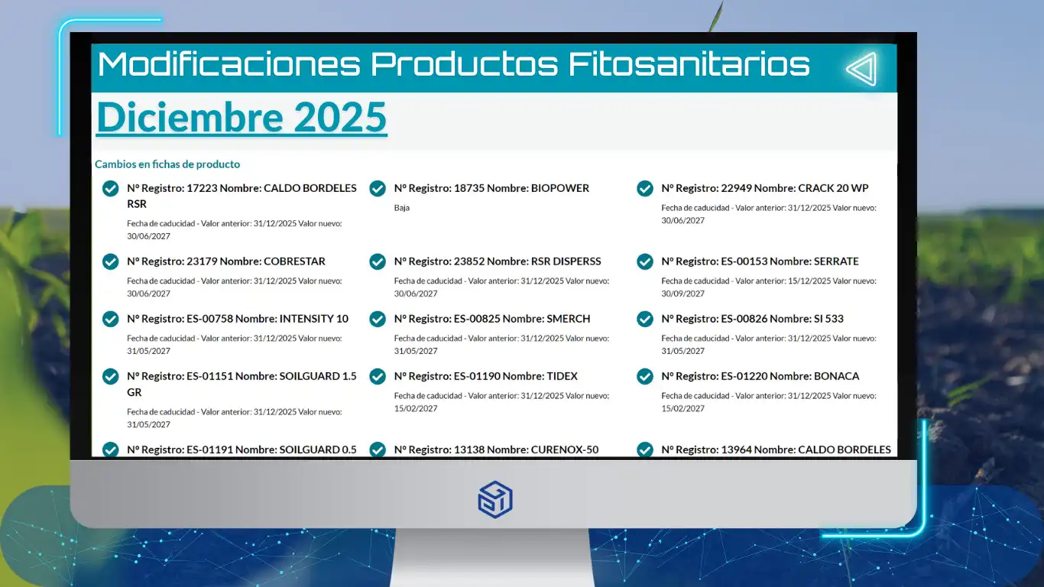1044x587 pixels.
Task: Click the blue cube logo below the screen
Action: click(x=495, y=499)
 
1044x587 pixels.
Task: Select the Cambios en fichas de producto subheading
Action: click(x=167, y=164)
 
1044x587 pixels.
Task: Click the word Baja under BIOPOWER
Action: click(x=402, y=208)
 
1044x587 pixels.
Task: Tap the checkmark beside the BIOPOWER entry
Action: click(x=378, y=188)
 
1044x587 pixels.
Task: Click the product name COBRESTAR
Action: click(x=294, y=261)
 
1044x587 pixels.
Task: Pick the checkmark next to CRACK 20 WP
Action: click(x=645, y=188)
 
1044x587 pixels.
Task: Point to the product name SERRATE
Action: click(x=836, y=261)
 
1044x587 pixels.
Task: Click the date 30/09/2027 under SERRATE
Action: click(x=682, y=293)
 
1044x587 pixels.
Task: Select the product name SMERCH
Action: click(x=568, y=319)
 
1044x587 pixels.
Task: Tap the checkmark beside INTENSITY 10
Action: click(x=111, y=319)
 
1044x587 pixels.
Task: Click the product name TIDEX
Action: click(x=562, y=376)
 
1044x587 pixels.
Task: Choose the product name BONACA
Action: click(x=836, y=376)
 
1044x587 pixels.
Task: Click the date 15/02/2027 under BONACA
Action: click(x=682, y=408)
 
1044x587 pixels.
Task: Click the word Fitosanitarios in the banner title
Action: click(x=689, y=64)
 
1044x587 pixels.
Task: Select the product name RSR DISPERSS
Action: click(x=566, y=261)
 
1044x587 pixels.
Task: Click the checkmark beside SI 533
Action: click(x=645, y=319)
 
